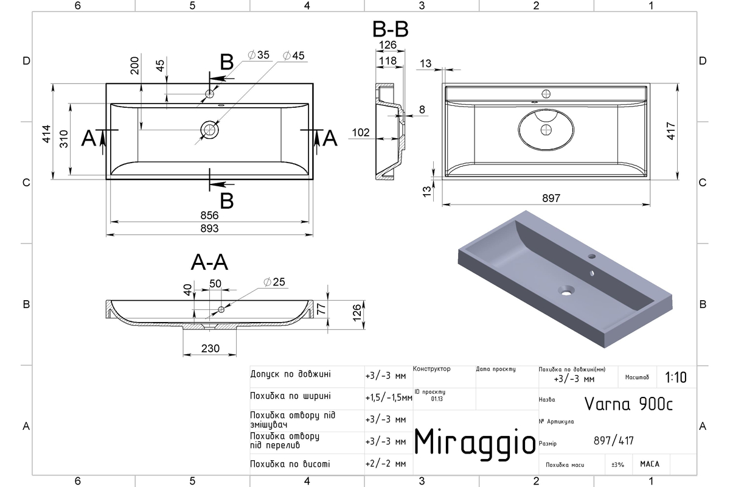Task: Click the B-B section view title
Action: coord(390,29)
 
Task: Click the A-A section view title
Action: coord(209,262)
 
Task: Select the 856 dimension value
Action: coord(209,215)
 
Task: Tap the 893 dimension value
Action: coord(209,228)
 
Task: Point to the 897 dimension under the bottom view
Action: coord(551,198)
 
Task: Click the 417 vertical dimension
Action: coord(671,131)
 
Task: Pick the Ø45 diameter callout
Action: coord(294,55)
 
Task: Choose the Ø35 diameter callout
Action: coord(259,55)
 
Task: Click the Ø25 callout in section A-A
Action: coord(274,282)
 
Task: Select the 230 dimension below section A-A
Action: coord(210,348)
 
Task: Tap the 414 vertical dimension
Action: coord(46,134)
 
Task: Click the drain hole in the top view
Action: coord(209,130)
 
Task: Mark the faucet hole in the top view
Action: coord(209,94)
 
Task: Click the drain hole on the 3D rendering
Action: coord(566,290)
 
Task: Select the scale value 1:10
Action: coord(676,377)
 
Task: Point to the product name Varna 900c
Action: coord(628,404)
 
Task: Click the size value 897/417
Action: coord(614,441)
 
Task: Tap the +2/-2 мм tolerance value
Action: coord(386,463)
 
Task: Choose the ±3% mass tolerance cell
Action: coord(617,464)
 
